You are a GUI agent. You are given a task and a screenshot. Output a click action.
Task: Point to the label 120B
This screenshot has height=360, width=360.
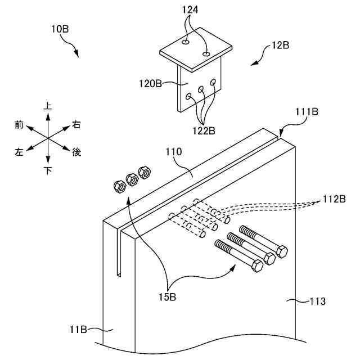pos(150,84)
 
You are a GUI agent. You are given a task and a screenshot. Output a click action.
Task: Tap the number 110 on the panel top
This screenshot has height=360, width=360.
pos(174,151)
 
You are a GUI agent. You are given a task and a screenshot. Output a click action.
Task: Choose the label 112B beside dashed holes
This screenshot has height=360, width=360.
pos(334,199)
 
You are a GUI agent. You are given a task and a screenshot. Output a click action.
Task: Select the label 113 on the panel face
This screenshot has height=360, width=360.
pos(317,301)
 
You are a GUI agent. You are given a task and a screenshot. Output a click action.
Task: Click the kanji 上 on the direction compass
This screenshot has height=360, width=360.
pos(48,105)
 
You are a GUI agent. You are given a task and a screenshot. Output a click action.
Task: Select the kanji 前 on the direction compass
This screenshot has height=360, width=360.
pos(19,125)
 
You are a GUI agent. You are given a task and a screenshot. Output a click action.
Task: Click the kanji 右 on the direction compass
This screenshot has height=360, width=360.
pos(76,125)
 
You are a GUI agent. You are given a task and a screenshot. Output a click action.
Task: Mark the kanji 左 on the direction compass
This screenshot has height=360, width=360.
pos(19,152)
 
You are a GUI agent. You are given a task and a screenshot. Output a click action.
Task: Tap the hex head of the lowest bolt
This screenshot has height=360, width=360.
pos(256,266)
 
